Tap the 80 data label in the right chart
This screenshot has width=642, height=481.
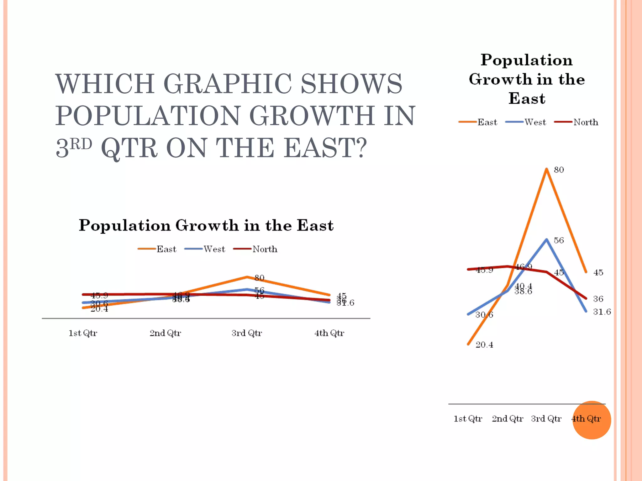pyautogui.click(x=559, y=170)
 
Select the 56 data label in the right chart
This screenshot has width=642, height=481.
pyautogui.click(x=559, y=240)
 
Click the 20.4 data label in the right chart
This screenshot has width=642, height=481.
pyautogui.click(x=484, y=345)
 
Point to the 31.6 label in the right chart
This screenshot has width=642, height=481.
pyautogui.click(x=602, y=312)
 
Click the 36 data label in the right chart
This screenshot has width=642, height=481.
pyautogui.click(x=598, y=299)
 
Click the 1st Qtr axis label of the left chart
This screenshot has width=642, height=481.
pyautogui.click(x=83, y=333)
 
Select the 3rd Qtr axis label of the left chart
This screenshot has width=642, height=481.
pyautogui.click(x=247, y=333)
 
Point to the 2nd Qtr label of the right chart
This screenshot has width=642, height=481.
pyautogui.click(x=507, y=419)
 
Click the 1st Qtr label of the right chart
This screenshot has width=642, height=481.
pyautogui.click(x=468, y=419)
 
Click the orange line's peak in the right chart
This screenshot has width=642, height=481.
pyautogui.click(x=546, y=169)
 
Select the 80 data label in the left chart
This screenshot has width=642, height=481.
pyautogui.click(x=259, y=278)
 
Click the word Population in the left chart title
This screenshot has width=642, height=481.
pyautogui.click(x=124, y=225)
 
